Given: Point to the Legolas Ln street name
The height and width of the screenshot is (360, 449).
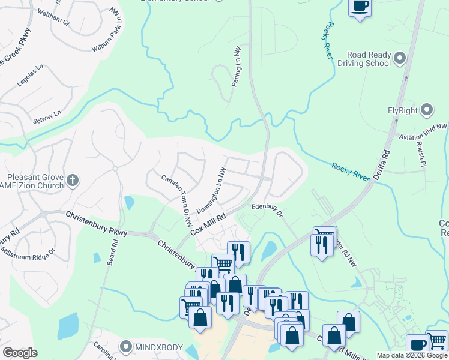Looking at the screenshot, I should click(29, 76).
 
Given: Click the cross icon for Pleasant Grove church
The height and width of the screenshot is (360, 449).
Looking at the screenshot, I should click(73, 179).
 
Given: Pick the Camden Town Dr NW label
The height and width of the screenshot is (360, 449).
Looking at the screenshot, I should click(175, 192).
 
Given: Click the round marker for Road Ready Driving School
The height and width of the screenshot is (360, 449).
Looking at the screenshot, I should click(401, 58).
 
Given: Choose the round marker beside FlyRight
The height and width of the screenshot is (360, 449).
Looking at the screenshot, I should click(427, 110).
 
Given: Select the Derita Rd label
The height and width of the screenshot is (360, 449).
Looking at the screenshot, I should click(381, 163).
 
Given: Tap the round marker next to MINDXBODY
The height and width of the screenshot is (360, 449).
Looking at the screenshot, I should click(125, 346).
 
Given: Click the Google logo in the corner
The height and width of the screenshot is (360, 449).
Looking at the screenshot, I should click(20, 353).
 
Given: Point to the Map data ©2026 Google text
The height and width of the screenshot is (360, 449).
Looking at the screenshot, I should click(411, 355).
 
